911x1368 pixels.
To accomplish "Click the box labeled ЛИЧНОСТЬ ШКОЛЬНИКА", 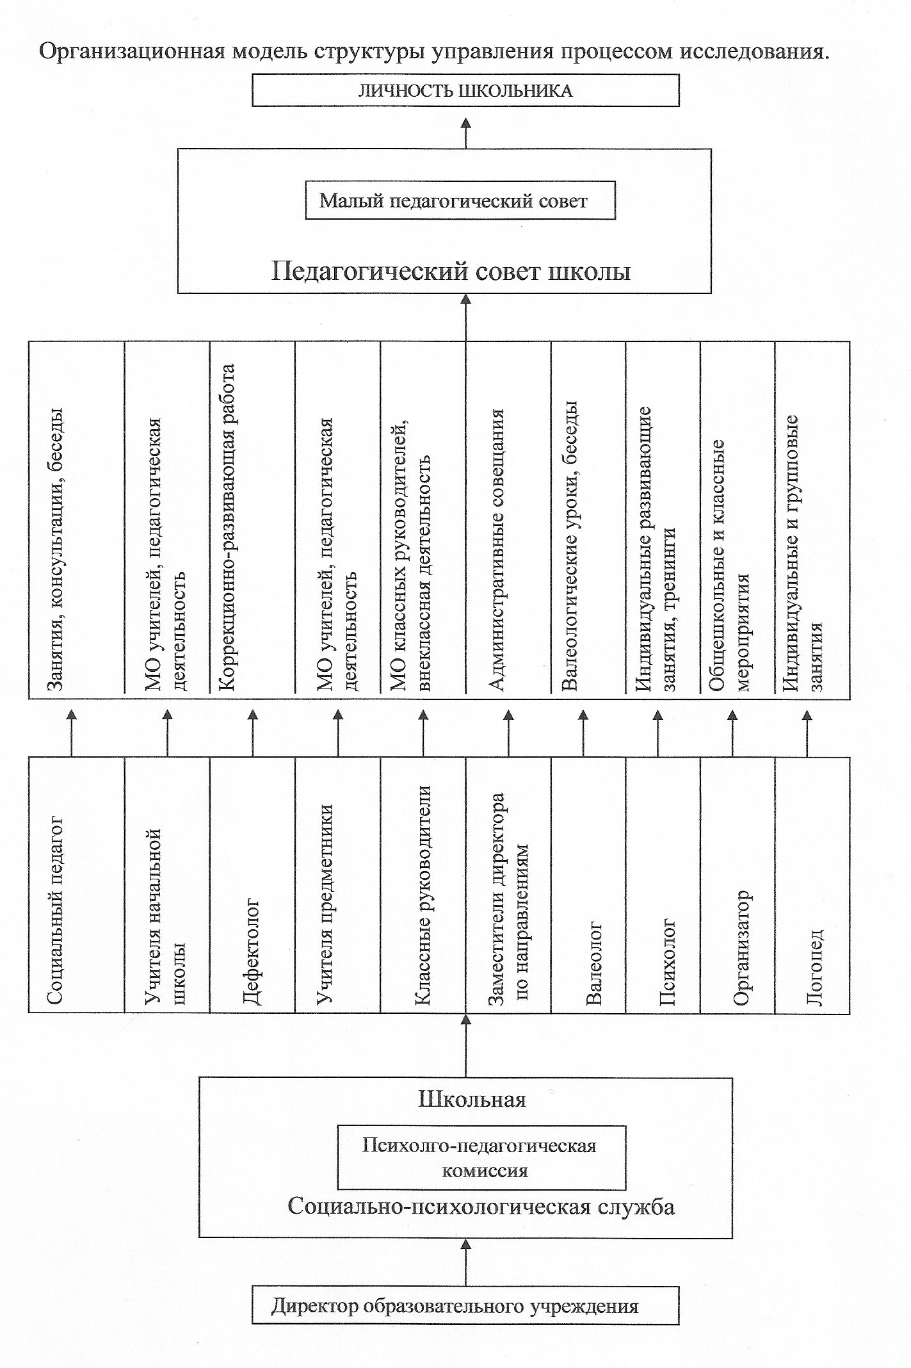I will (x=465, y=90).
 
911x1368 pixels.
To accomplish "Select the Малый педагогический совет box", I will (x=460, y=201).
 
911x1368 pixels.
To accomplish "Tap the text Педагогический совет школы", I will (x=451, y=272).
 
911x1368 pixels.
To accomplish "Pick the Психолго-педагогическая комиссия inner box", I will (x=481, y=1157).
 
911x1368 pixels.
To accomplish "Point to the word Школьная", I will (x=472, y=1100).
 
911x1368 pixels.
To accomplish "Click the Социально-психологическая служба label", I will (x=481, y=1206).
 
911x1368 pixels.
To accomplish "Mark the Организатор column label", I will (x=741, y=947).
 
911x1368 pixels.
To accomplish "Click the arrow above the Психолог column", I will (x=657, y=733).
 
